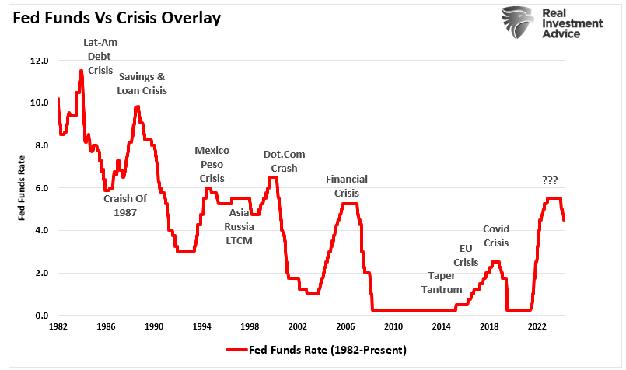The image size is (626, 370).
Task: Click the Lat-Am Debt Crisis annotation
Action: click(x=100, y=56)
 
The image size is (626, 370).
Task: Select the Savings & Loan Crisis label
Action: click(x=142, y=83)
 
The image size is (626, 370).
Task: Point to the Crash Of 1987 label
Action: click(x=125, y=205)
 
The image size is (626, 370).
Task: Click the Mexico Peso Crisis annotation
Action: click(x=212, y=164)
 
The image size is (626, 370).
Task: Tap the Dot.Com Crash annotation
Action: click(x=283, y=161)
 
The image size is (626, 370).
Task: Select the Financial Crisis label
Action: click(x=346, y=186)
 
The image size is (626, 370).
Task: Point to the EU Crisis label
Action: click(x=466, y=255)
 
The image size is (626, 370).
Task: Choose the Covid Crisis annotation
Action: click(x=496, y=236)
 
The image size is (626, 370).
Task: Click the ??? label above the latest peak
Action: click(x=550, y=180)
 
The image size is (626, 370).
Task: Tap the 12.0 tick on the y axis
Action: click(x=39, y=61)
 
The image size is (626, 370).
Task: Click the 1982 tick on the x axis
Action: click(x=58, y=327)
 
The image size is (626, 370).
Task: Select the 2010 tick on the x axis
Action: click(x=393, y=327)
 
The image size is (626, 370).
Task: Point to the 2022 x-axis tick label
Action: click(x=537, y=327)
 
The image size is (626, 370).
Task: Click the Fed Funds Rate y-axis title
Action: click(x=23, y=188)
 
